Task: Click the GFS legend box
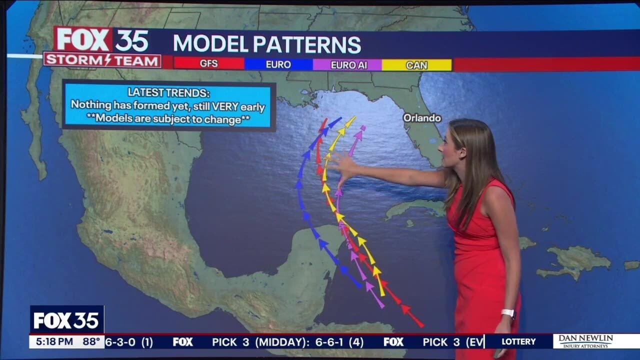pos(208,64)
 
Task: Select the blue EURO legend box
pos(278,64)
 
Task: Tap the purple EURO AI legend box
pos(347,64)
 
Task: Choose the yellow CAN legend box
pos(416,64)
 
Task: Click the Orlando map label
pos(422,118)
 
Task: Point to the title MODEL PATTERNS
pos(266,44)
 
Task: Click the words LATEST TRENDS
pos(168,92)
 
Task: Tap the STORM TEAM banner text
pos(102,60)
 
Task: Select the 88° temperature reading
pos(91,342)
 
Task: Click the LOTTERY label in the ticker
pos(518,342)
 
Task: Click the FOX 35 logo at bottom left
pos(67,320)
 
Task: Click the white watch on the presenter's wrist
pos(508,313)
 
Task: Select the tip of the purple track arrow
pos(362,128)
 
